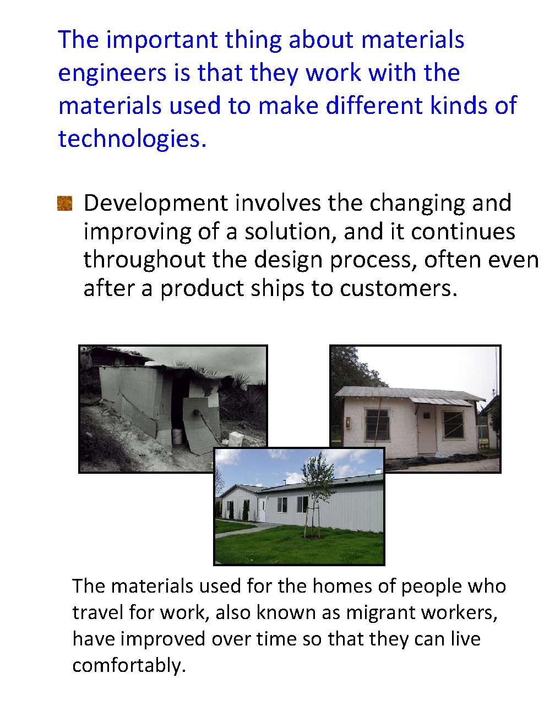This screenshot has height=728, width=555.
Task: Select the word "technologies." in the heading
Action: pos(132,139)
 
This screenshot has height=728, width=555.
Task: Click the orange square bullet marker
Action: pos(65,204)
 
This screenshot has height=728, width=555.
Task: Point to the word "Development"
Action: pos(155,204)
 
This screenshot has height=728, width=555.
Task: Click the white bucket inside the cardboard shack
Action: pos(177,436)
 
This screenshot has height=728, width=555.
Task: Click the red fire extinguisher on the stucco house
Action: pos(347,423)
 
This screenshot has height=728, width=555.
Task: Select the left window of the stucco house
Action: pos(377,424)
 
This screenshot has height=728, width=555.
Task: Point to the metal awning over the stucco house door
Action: pos(440,402)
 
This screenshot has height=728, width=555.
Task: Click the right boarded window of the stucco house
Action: pos(454,424)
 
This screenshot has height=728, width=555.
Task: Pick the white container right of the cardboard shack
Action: pos(236,439)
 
